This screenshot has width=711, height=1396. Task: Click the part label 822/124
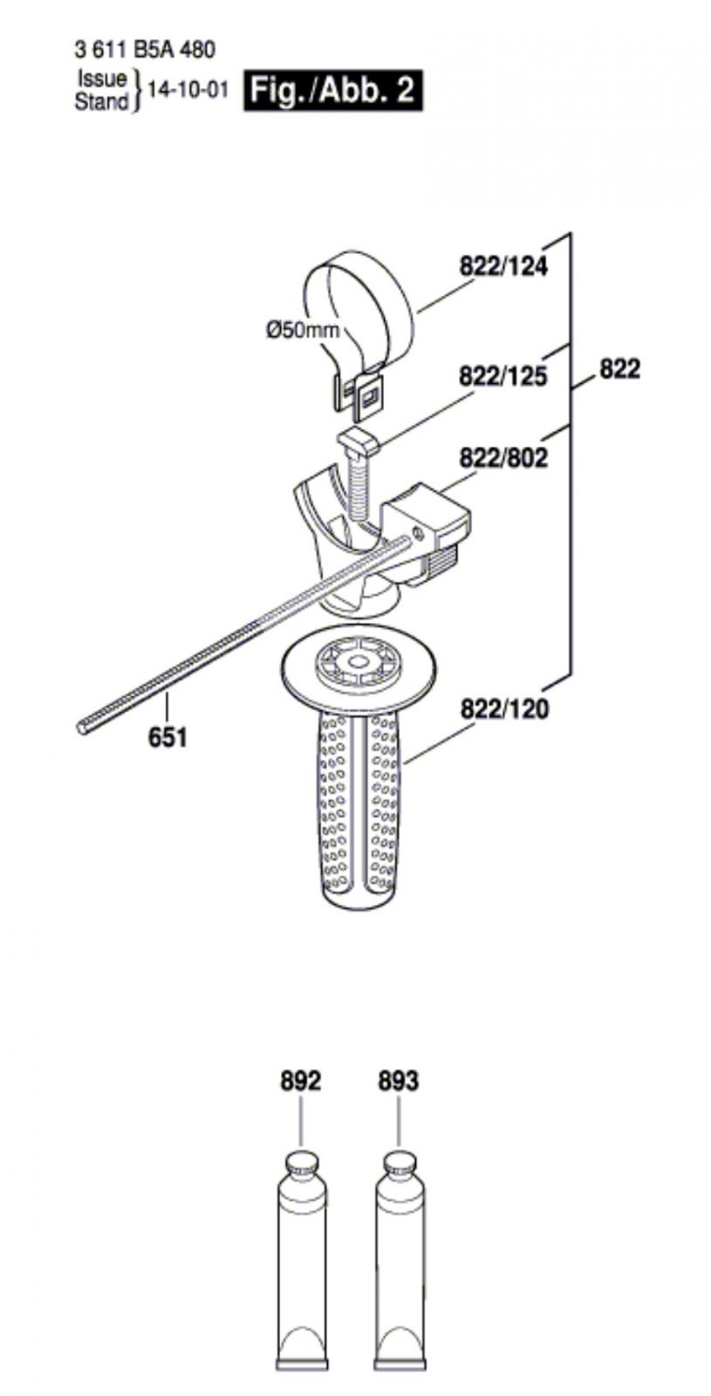pyautogui.click(x=503, y=267)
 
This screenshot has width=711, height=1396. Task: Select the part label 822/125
pyautogui.click(x=502, y=377)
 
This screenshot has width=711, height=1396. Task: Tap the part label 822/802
pyautogui.click(x=503, y=458)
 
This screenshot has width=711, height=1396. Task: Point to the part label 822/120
pyautogui.click(x=505, y=709)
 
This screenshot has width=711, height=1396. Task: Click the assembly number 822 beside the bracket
pyautogui.click(x=619, y=369)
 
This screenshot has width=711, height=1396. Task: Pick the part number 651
pyautogui.click(x=167, y=737)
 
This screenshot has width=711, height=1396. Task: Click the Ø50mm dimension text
pyautogui.click(x=303, y=329)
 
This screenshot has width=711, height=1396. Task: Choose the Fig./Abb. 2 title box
pyautogui.click(x=332, y=91)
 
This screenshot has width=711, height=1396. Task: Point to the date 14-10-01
pyautogui.click(x=186, y=91)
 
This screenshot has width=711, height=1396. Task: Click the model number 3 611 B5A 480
pyautogui.click(x=145, y=50)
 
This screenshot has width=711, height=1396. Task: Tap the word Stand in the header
pyautogui.click(x=101, y=101)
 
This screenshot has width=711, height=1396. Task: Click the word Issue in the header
pyautogui.click(x=102, y=79)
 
